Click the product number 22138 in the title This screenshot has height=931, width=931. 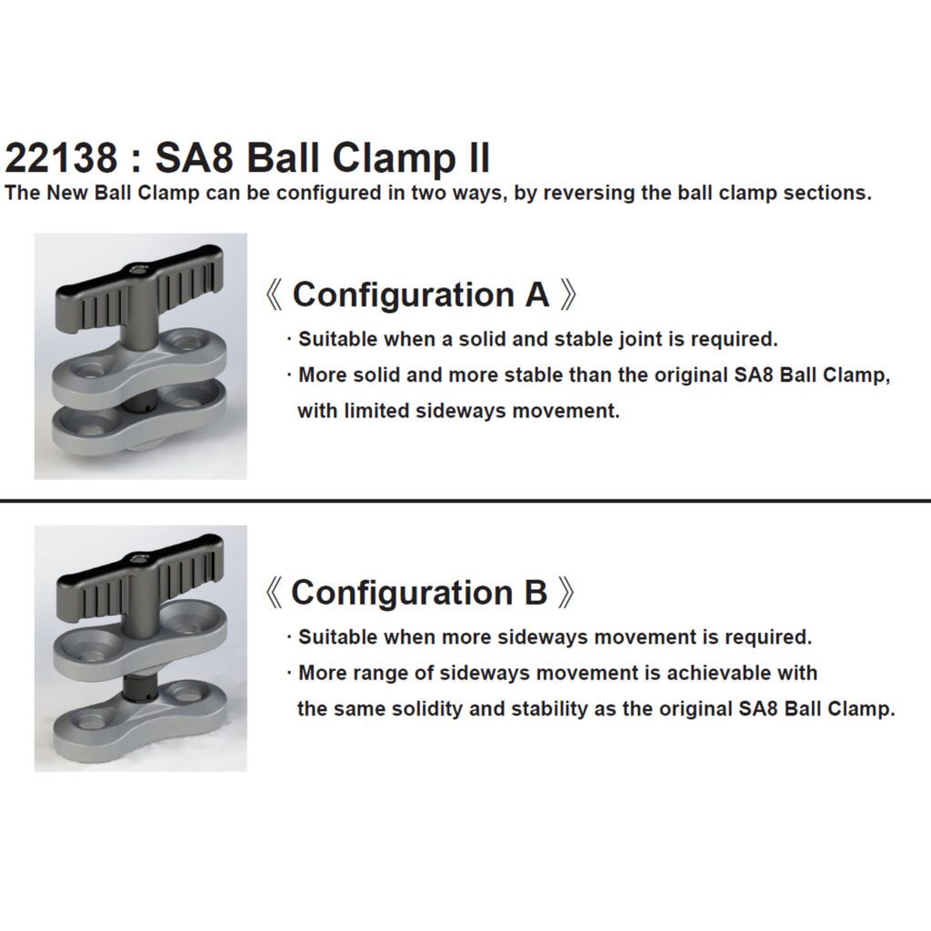click(x=62, y=157)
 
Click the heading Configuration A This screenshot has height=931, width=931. click(x=421, y=295)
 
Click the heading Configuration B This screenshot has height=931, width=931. click(x=419, y=592)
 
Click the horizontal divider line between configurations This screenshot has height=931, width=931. click(x=465, y=501)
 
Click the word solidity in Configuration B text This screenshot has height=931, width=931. click(x=424, y=709)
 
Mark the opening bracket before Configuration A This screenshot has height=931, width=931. click(x=273, y=295)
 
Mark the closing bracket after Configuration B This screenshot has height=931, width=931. click(x=567, y=593)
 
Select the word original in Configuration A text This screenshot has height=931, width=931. click(x=691, y=375)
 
